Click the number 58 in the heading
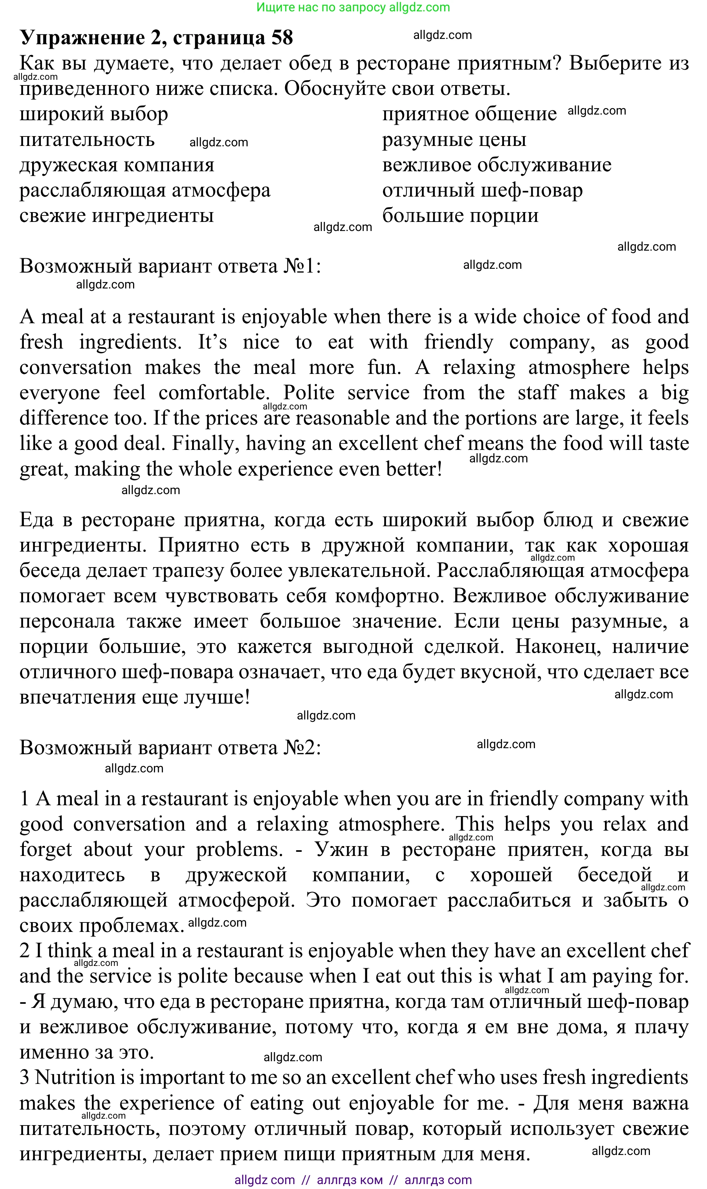click(282, 38)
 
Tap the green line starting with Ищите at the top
click(353, 7)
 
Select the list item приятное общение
click(469, 114)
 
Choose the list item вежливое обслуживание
click(496, 165)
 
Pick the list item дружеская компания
click(117, 165)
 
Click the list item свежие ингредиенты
click(116, 215)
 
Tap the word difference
click(64, 418)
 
